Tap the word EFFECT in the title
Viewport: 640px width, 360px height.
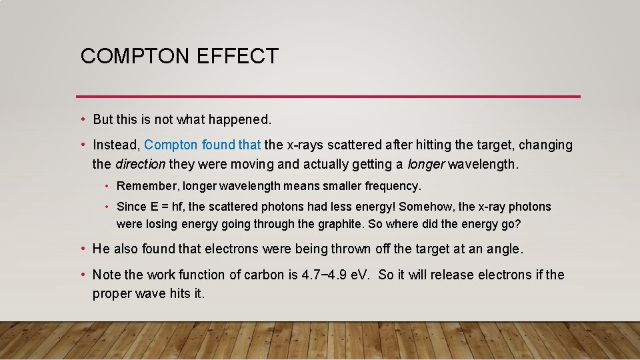(238, 57)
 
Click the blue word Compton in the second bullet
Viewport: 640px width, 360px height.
(171, 145)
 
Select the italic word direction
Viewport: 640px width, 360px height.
(141, 164)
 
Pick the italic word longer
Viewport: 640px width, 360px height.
(425, 164)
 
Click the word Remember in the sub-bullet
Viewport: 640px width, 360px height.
(147, 186)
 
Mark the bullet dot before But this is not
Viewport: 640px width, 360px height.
(82, 120)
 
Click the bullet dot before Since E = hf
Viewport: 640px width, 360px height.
(106, 207)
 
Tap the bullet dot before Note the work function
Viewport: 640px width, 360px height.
(82, 275)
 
